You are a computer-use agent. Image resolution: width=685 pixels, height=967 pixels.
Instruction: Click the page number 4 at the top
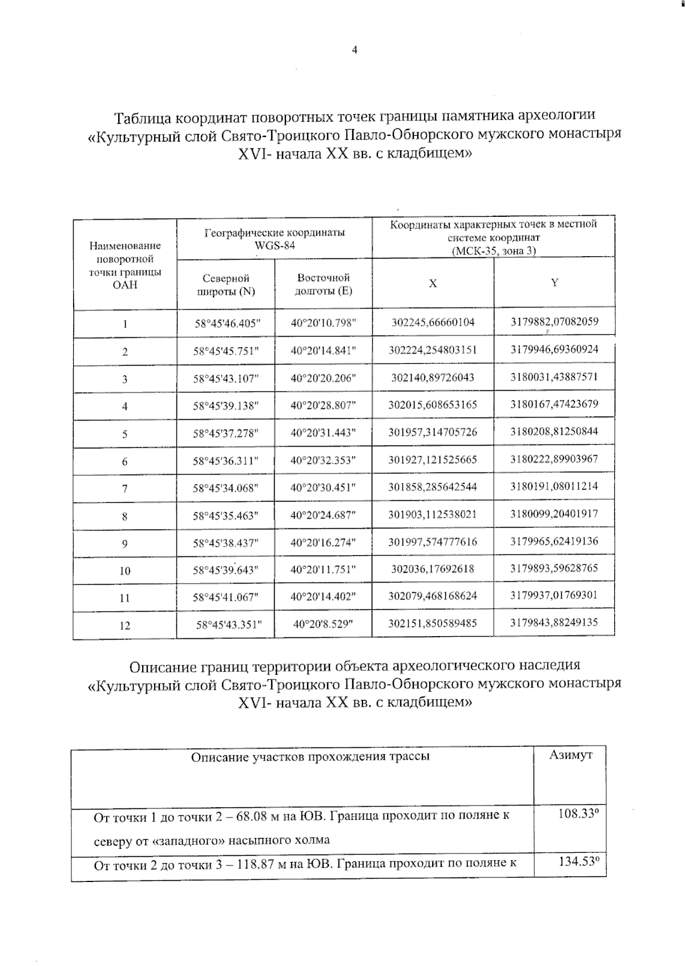pos(354,50)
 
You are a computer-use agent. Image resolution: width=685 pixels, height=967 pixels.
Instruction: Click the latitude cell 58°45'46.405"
pos(227,323)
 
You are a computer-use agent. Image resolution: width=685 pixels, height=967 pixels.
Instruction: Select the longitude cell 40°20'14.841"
pos(323,351)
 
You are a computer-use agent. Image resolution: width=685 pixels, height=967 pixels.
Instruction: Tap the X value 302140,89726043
pos(433,378)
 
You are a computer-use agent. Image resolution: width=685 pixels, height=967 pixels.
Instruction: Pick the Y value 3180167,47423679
pos(554,404)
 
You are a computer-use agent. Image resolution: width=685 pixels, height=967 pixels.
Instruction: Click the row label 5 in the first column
pos(124,434)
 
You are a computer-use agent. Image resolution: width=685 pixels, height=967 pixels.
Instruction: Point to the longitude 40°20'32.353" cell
pos(323,460)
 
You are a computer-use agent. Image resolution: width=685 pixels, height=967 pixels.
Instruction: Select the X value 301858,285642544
pos(433,487)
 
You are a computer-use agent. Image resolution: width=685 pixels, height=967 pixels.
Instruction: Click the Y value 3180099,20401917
pos(554,513)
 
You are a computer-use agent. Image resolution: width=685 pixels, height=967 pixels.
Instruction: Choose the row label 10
pos(124,571)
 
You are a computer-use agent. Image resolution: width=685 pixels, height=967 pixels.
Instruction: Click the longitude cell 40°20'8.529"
pos(323,624)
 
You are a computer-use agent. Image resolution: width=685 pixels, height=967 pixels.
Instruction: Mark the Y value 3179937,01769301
pos(554,595)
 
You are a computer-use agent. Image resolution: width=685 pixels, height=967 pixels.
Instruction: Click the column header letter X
pos(433,284)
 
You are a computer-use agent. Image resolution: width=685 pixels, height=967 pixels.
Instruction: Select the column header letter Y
pos(554,282)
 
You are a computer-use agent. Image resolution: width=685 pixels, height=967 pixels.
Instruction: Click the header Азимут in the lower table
pos(570,755)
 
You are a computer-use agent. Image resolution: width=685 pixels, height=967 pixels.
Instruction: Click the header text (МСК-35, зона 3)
pos(493,250)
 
